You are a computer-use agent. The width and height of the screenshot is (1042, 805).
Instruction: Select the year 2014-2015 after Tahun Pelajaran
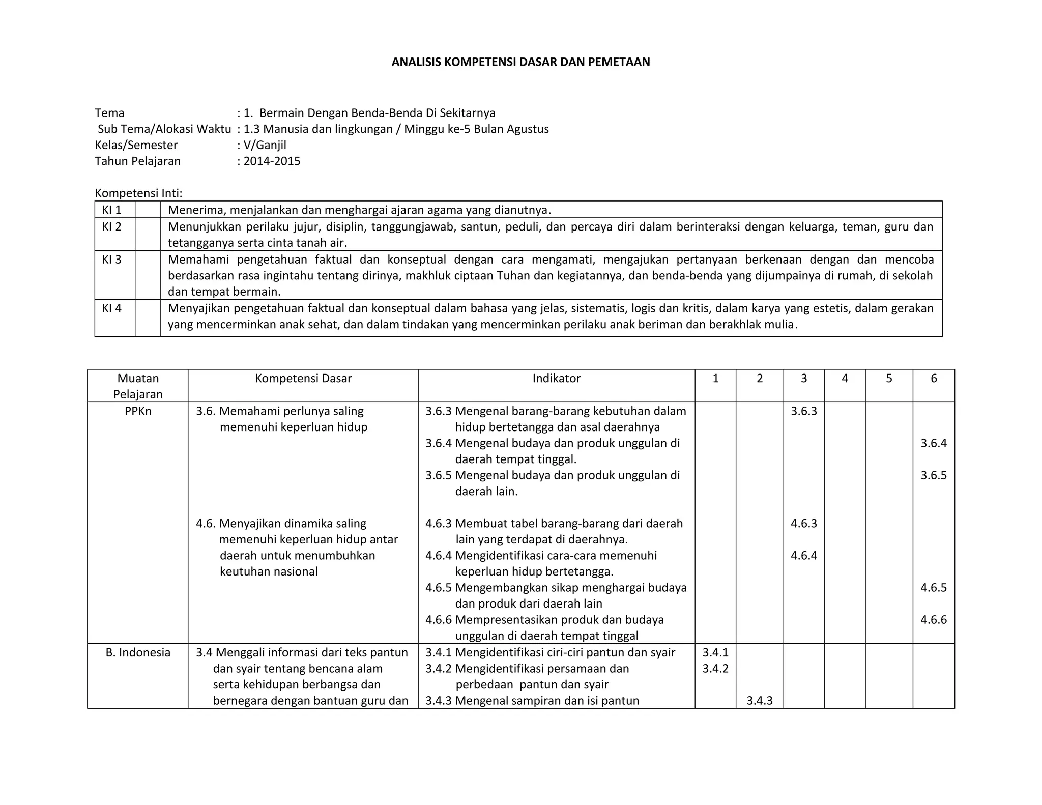click(x=272, y=161)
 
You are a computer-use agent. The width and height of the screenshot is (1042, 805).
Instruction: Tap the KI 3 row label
click(x=112, y=260)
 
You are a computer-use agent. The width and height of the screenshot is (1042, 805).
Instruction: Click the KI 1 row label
click(x=112, y=210)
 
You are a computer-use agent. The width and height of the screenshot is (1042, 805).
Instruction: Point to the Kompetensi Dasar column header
click(x=303, y=378)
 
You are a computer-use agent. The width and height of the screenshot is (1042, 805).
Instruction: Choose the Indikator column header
click(x=556, y=378)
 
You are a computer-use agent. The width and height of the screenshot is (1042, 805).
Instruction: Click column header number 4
click(x=845, y=378)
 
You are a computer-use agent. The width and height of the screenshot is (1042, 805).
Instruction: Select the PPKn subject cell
click(x=138, y=411)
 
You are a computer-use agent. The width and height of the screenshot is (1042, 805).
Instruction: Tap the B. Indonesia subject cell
click(x=138, y=652)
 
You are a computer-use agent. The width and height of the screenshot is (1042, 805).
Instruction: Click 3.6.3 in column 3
click(x=803, y=411)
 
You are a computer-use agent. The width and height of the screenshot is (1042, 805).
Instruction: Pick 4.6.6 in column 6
click(x=934, y=620)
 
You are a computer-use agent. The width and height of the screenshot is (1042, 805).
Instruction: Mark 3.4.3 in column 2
click(x=760, y=701)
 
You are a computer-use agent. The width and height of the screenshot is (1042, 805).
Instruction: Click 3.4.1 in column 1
click(x=715, y=652)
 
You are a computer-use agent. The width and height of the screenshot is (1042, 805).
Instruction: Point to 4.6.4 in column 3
click(x=803, y=555)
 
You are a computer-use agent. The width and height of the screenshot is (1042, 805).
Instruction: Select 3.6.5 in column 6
click(x=934, y=475)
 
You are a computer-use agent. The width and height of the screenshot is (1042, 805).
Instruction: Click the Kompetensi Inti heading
click(x=138, y=193)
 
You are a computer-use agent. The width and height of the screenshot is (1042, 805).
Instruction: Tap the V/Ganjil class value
click(x=265, y=145)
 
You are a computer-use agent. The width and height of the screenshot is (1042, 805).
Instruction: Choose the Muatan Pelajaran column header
click(x=138, y=386)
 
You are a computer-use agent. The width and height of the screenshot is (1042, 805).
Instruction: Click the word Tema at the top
click(x=109, y=113)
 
